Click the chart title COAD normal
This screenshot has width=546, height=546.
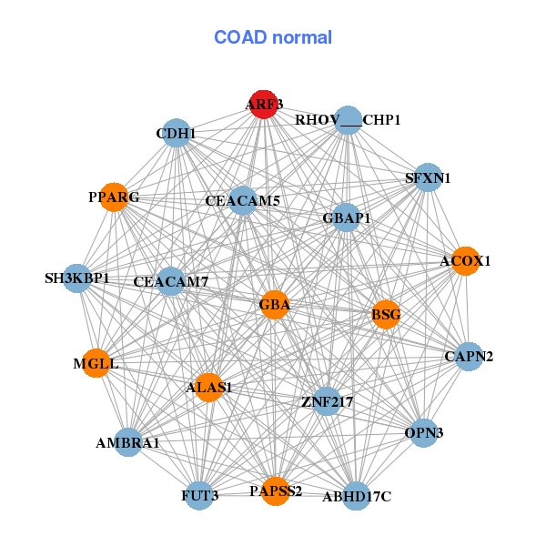272,38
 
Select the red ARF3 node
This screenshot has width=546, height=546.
263,104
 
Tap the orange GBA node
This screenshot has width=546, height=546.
274,305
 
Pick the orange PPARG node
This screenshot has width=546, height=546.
114,197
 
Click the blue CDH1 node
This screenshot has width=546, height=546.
176,135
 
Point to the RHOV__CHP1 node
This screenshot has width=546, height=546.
349,120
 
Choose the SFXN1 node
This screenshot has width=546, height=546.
428,178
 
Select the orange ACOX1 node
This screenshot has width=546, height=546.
465,261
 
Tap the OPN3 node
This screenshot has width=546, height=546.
423,433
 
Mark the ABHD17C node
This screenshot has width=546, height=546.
356,496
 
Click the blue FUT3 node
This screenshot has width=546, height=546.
200,496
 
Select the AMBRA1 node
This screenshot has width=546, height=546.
128,443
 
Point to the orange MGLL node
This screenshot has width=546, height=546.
96,364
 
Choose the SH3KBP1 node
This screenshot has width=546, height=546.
77,278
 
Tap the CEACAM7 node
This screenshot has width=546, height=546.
170,282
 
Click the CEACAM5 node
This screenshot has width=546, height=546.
242,200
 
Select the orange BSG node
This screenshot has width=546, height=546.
386,315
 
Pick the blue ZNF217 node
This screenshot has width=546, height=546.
327,400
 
